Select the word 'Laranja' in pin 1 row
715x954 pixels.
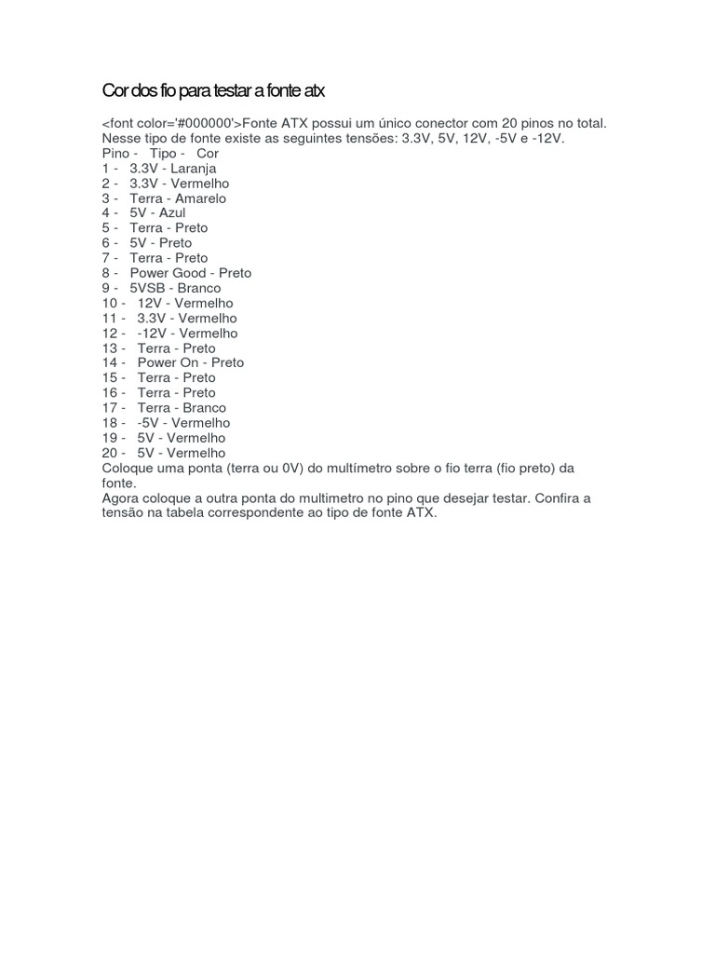193,169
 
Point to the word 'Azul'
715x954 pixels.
172,213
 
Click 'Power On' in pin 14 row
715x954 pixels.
169,362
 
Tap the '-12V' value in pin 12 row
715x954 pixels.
152,333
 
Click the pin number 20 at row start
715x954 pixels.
111,453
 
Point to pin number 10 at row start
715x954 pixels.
110,303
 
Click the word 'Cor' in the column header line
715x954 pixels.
208,153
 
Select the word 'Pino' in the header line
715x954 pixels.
117,153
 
